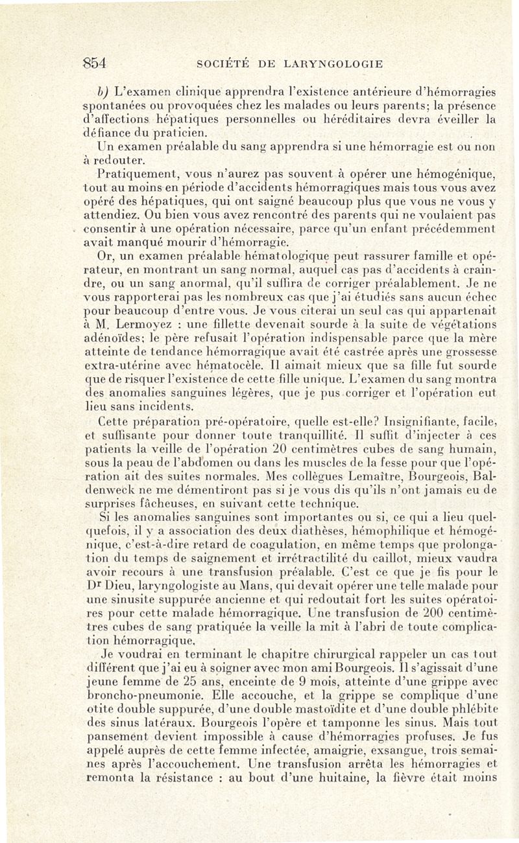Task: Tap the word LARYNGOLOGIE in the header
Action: [x=330, y=64]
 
